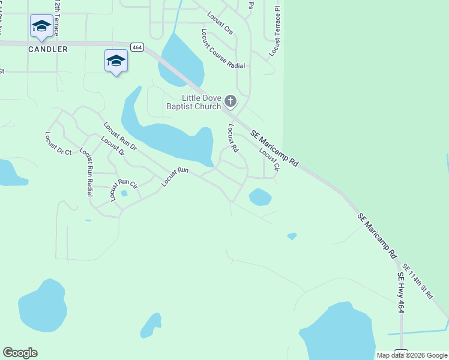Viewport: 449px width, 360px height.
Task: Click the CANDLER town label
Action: tap(48, 49)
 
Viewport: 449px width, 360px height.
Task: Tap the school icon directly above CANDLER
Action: tap(41, 26)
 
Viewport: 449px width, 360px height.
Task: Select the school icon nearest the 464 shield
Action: tap(116, 61)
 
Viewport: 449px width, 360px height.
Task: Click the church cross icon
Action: tap(231, 101)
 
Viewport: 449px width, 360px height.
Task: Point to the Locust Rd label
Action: tap(233, 139)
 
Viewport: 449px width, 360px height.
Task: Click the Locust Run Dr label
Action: tap(120, 136)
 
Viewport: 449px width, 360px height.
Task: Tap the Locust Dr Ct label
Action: tap(58, 144)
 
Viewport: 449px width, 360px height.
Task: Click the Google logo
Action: tap(20, 353)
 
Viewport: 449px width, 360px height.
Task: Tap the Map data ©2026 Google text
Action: tap(412, 355)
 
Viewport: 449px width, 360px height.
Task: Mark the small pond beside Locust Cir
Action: tap(260, 197)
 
